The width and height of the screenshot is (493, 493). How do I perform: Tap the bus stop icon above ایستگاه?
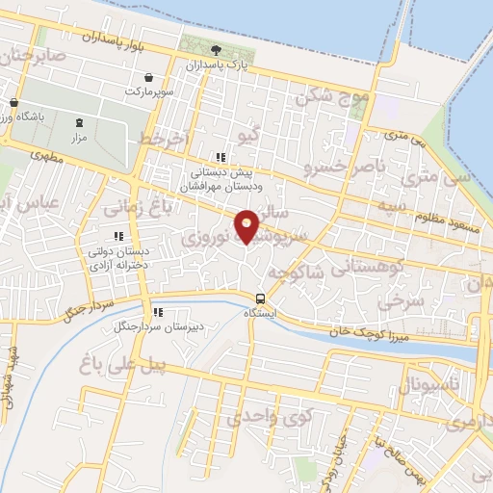pyautogui.click(x=260, y=298)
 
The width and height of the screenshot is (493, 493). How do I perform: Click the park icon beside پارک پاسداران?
pyautogui.click(x=215, y=50)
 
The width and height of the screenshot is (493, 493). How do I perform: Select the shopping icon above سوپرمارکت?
pyautogui.click(x=149, y=77)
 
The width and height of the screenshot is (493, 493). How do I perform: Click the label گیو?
pyautogui.click(x=248, y=135)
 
